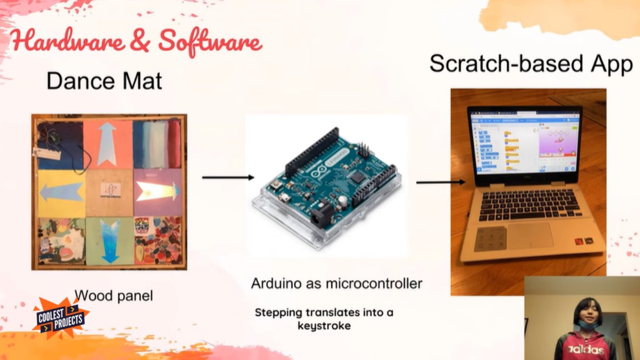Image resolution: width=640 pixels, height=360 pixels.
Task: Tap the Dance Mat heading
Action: pyautogui.click(x=104, y=82)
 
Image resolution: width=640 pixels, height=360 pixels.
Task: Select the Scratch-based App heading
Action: pyautogui.click(x=531, y=63)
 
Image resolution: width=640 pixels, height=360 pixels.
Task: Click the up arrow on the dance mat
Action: pyautogui.click(x=108, y=143)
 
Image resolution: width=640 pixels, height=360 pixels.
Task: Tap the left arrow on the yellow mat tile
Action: pyautogui.click(x=61, y=192)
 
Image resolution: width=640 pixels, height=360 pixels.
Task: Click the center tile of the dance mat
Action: pyautogui.click(x=109, y=192)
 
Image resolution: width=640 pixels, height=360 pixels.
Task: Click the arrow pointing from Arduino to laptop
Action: pyautogui.click(x=440, y=182)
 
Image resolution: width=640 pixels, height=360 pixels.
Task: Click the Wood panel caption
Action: pyautogui.click(x=113, y=295)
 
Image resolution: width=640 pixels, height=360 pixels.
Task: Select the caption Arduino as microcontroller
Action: pyautogui.click(x=337, y=283)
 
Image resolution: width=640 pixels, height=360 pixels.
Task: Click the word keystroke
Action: pyautogui.click(x=324, y=325)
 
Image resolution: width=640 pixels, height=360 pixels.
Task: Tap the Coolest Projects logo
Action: pyautogui.click(x=60, y=319)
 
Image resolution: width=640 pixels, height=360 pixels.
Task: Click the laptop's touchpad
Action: pyautogui.click(x=530, y=235)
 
